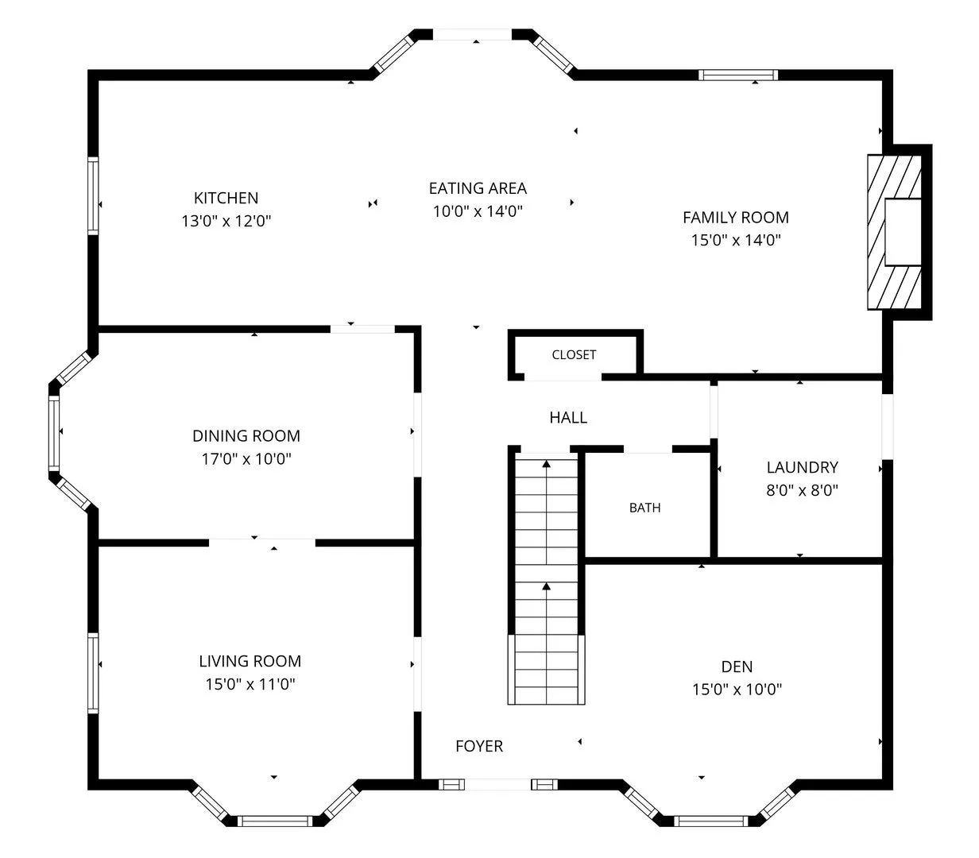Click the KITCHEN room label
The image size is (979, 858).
(226, 198)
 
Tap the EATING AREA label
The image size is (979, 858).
(478, 188)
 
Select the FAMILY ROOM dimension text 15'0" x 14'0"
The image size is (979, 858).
(736, 240)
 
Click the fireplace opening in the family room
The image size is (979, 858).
(903, 232)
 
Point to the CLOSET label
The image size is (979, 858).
(574, 354)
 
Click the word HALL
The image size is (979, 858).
(568, 417)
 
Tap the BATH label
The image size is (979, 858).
(644, 508)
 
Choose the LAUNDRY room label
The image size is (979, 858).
(802, 467)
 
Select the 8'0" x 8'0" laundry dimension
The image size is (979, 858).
(802, 490)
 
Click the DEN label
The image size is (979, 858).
(737, 667)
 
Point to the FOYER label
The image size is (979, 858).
(479, 747)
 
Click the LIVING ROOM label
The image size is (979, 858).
(250, 661)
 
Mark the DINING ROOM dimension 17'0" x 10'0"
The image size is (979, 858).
(246, 458)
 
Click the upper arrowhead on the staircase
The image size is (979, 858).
(546, 464)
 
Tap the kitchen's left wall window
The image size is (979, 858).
(93, 195)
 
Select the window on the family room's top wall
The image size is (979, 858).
(738, 75)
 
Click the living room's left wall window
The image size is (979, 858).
(93, 673)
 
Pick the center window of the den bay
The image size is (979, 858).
(710, 821)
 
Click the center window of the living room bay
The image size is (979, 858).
(275, 821)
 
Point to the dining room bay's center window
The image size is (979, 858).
(54, 433)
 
